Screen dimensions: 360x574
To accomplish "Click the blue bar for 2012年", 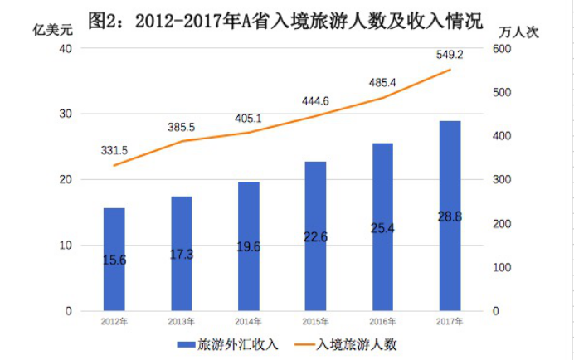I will point(114,259).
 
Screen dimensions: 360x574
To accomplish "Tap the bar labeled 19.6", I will point(249,246).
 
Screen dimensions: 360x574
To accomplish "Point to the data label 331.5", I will point(114,150).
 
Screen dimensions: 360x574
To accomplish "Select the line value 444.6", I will point(315,101).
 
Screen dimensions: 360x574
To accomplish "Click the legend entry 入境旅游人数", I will point(359,343).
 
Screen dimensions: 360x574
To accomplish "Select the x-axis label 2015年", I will point(315,322).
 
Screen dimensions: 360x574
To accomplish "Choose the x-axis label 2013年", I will point(182,322).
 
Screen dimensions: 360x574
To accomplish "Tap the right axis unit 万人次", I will point(518,31).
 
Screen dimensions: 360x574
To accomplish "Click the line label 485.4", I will point(382,83).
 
